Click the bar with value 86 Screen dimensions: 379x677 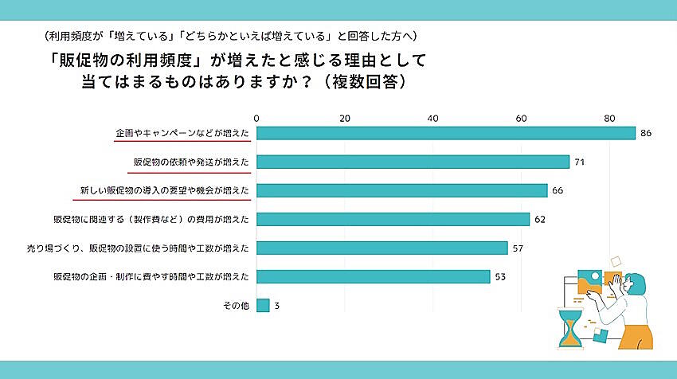[x=445, y=133]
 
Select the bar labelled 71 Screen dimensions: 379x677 [x=413, y=162]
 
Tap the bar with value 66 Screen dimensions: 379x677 [x=401, y=190]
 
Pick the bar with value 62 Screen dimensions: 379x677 [x=393, y=219]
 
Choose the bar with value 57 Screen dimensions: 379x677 [x=382, y=248]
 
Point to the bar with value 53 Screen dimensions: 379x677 [x=373, y=276]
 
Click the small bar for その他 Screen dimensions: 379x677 [x=263, y=305]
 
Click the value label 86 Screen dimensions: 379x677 [x=646, y=133]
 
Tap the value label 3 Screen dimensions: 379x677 [x=276, y=305]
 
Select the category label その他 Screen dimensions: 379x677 [x=237, y=305]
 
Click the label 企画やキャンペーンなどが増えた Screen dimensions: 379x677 [x=182, y=133]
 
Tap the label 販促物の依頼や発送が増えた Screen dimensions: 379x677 [x=191, y=162]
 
